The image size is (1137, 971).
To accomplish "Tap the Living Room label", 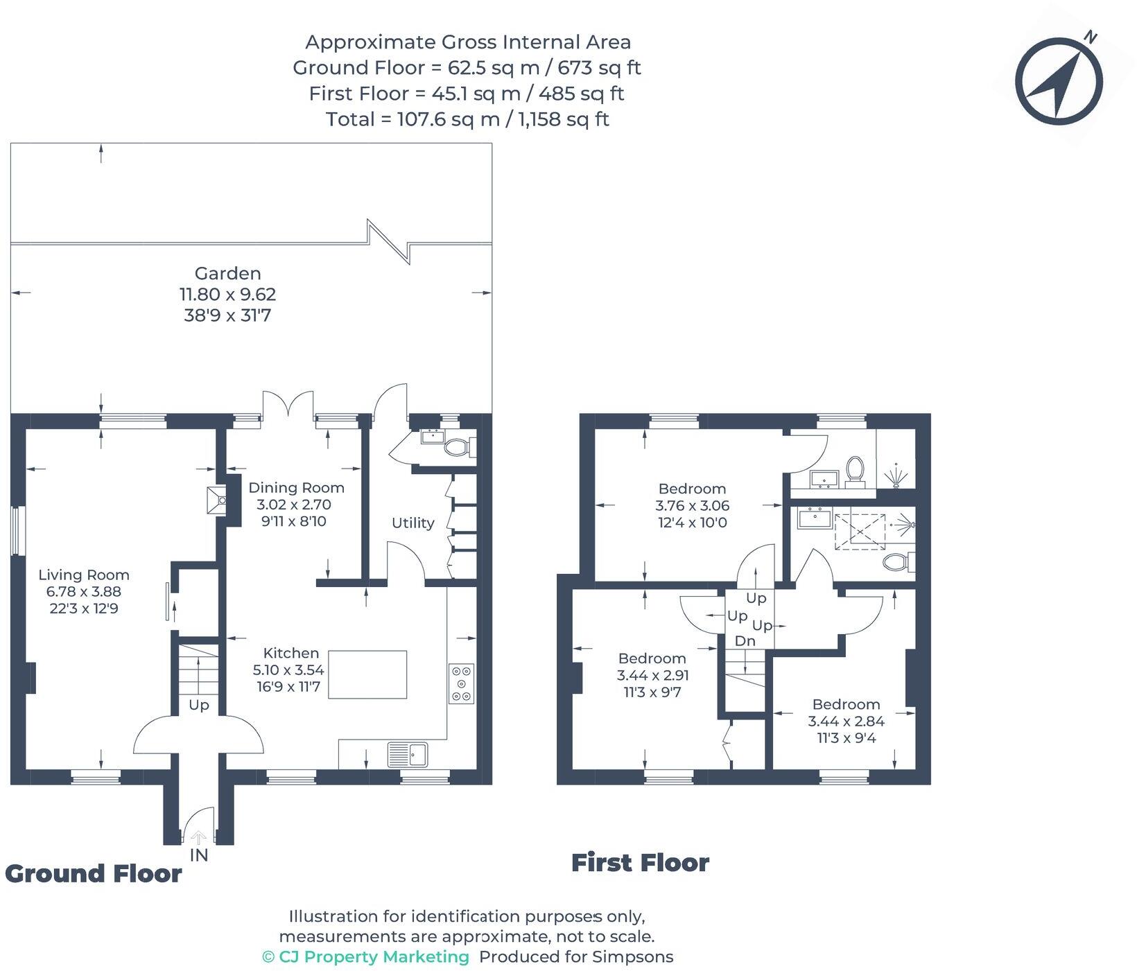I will click(x=83, y=575).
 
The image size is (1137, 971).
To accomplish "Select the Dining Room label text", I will click(x=296, y=487).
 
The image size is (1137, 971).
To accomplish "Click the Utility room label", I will click(x=413, y=523).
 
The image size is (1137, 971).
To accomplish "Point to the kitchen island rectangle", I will click(x=367, y=674).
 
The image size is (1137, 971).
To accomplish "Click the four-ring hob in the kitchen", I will click(x=461, y=683).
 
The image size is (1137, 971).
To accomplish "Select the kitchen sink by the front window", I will click(x=409, y=754).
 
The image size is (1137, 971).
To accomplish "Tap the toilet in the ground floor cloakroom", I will click(x=458, y=447).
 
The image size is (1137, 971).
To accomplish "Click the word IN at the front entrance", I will click(x=198, y=855).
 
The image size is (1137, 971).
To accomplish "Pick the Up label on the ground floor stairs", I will click(x=198, y=706).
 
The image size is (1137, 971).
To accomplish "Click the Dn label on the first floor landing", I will click(x=745, y=641).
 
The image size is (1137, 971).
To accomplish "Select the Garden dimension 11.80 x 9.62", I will click(x=227, y=294).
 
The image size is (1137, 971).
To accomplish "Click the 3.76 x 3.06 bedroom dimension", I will click(x=692, y=505).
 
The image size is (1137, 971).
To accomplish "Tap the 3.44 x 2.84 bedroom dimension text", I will click(x=846, y=721).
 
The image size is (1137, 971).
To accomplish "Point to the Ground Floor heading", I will click(x=93, y=873).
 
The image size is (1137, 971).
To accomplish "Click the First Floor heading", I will click(x=640, y=863).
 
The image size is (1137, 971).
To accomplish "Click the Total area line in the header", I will click(x=467, y=119).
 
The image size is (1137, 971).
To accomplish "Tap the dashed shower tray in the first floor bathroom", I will click(x=860, y=532).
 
